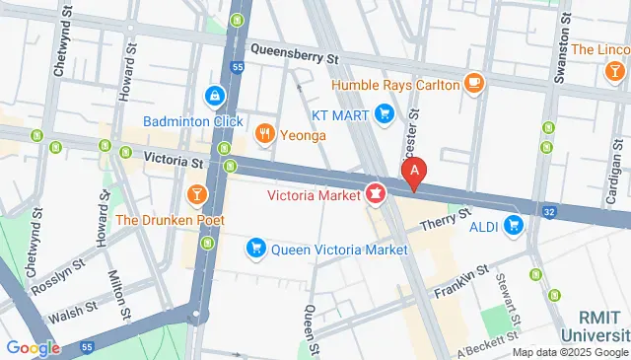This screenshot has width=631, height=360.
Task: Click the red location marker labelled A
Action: click(415, 173)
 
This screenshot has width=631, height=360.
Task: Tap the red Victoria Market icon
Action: click(376, 194)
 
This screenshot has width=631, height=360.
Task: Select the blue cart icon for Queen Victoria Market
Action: click(256, 250)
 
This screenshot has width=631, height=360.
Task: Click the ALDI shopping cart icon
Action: click(513, 227)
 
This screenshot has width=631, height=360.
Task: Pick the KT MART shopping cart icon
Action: click(386, 116)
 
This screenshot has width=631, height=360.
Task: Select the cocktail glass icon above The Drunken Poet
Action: click(196, 189)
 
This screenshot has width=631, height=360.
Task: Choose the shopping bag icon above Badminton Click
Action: click(212, 97)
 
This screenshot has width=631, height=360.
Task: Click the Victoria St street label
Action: click(173, 158)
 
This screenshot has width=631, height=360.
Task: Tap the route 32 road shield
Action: click(549, 210)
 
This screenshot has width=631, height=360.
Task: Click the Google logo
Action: click(32, 347)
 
